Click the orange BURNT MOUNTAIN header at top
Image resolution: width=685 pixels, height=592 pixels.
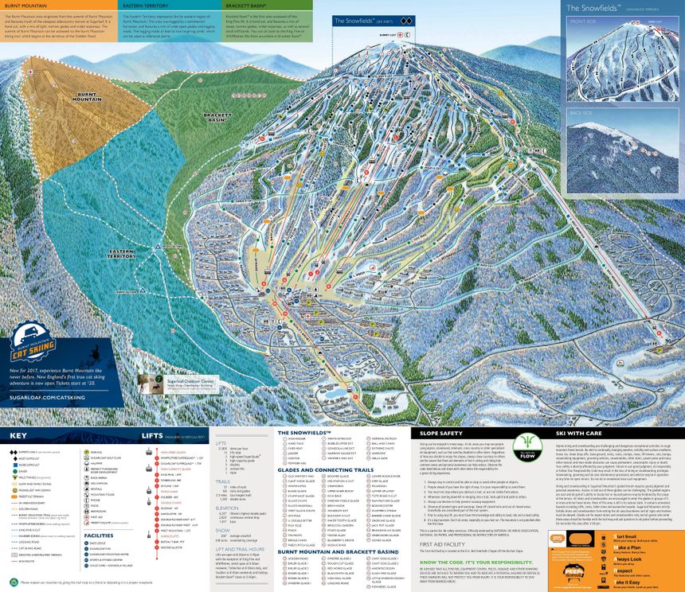[23, 5]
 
